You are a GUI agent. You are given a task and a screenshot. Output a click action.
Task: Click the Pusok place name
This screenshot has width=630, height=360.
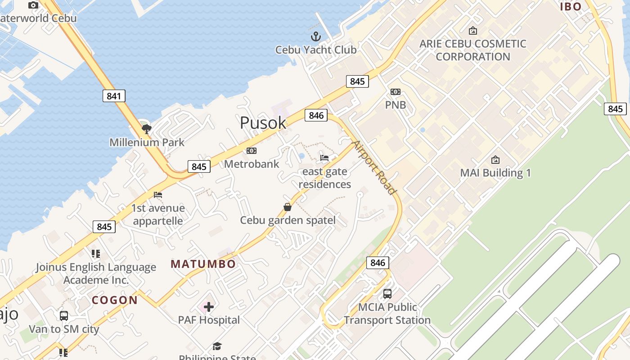[263, 123]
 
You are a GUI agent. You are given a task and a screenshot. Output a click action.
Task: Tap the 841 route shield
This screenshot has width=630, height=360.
[114, 96]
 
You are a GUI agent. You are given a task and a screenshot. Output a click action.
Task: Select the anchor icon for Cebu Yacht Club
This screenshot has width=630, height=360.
[316, 36]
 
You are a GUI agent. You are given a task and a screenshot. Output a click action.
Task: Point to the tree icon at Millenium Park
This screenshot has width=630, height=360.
[146, 129]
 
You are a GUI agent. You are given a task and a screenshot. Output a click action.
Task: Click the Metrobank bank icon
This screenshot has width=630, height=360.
[252, 151]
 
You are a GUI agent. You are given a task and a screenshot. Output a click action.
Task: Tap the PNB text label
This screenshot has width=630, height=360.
[396, 105]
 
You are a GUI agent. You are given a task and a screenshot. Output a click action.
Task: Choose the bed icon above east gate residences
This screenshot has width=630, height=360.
[324, 158]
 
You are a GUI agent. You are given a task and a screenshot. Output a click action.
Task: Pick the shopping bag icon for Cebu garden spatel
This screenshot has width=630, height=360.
[288, 207]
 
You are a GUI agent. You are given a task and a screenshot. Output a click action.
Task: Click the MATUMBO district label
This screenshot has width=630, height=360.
[203, 264]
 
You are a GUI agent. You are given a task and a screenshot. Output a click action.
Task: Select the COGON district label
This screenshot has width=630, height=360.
[115, 300]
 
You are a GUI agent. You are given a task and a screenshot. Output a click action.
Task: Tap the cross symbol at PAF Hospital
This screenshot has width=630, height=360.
[208, 307]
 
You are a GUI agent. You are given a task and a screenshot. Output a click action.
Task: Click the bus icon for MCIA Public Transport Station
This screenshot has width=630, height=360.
[387, 294]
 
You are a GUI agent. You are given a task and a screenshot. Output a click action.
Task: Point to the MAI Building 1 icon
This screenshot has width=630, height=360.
[495, 160]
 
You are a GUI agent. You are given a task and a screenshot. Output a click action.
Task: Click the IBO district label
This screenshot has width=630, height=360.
[571, 6]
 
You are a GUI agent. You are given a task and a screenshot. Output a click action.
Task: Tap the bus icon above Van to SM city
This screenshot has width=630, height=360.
[64, 316]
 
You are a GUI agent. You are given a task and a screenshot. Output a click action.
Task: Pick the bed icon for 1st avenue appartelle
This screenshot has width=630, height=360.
[158, 195]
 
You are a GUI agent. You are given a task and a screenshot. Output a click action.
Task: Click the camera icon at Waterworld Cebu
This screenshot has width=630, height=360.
[33, 5]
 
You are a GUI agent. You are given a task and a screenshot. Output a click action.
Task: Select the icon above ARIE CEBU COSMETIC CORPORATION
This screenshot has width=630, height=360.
[472, 31]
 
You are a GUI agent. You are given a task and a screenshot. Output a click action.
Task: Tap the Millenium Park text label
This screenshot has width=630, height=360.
[147, 143]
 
